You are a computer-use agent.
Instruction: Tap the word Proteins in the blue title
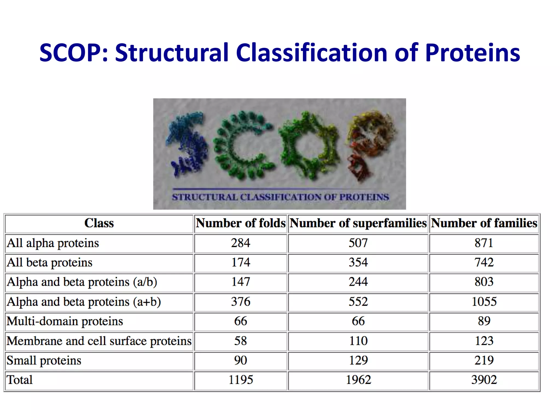pos(472,52)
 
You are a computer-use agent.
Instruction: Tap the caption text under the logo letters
pos(280,197)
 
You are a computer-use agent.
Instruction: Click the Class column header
pos(99,223)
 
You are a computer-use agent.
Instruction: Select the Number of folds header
pos(241,223)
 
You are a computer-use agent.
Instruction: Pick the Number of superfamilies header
pos(358,223)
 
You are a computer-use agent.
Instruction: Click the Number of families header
pos(484,223)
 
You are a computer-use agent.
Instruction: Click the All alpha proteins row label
pos(53,243)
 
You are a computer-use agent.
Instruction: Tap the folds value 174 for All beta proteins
pos(241,262)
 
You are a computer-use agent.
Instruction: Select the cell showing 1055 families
pos(484,302)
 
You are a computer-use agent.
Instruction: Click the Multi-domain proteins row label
pos(65,321)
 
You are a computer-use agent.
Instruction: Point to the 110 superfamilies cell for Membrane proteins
pos(358,341)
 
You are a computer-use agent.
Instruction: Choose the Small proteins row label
pos(44,360)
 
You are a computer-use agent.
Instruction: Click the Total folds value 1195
pos(241,380)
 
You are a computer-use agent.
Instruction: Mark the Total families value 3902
pos(484,380)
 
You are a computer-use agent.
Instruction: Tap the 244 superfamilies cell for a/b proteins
pos(358,282)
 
